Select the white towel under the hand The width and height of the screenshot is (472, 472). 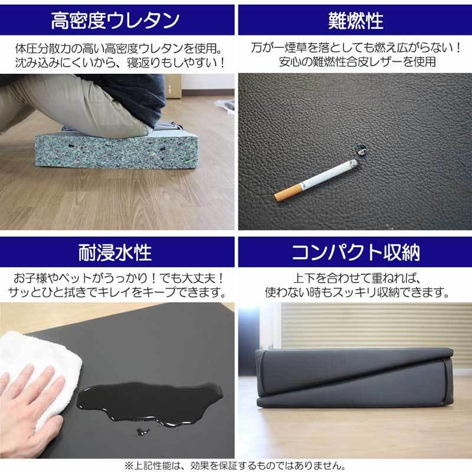point(41,366)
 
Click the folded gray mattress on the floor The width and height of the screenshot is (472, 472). point(354,378)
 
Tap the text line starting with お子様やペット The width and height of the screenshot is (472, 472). point(116,278)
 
